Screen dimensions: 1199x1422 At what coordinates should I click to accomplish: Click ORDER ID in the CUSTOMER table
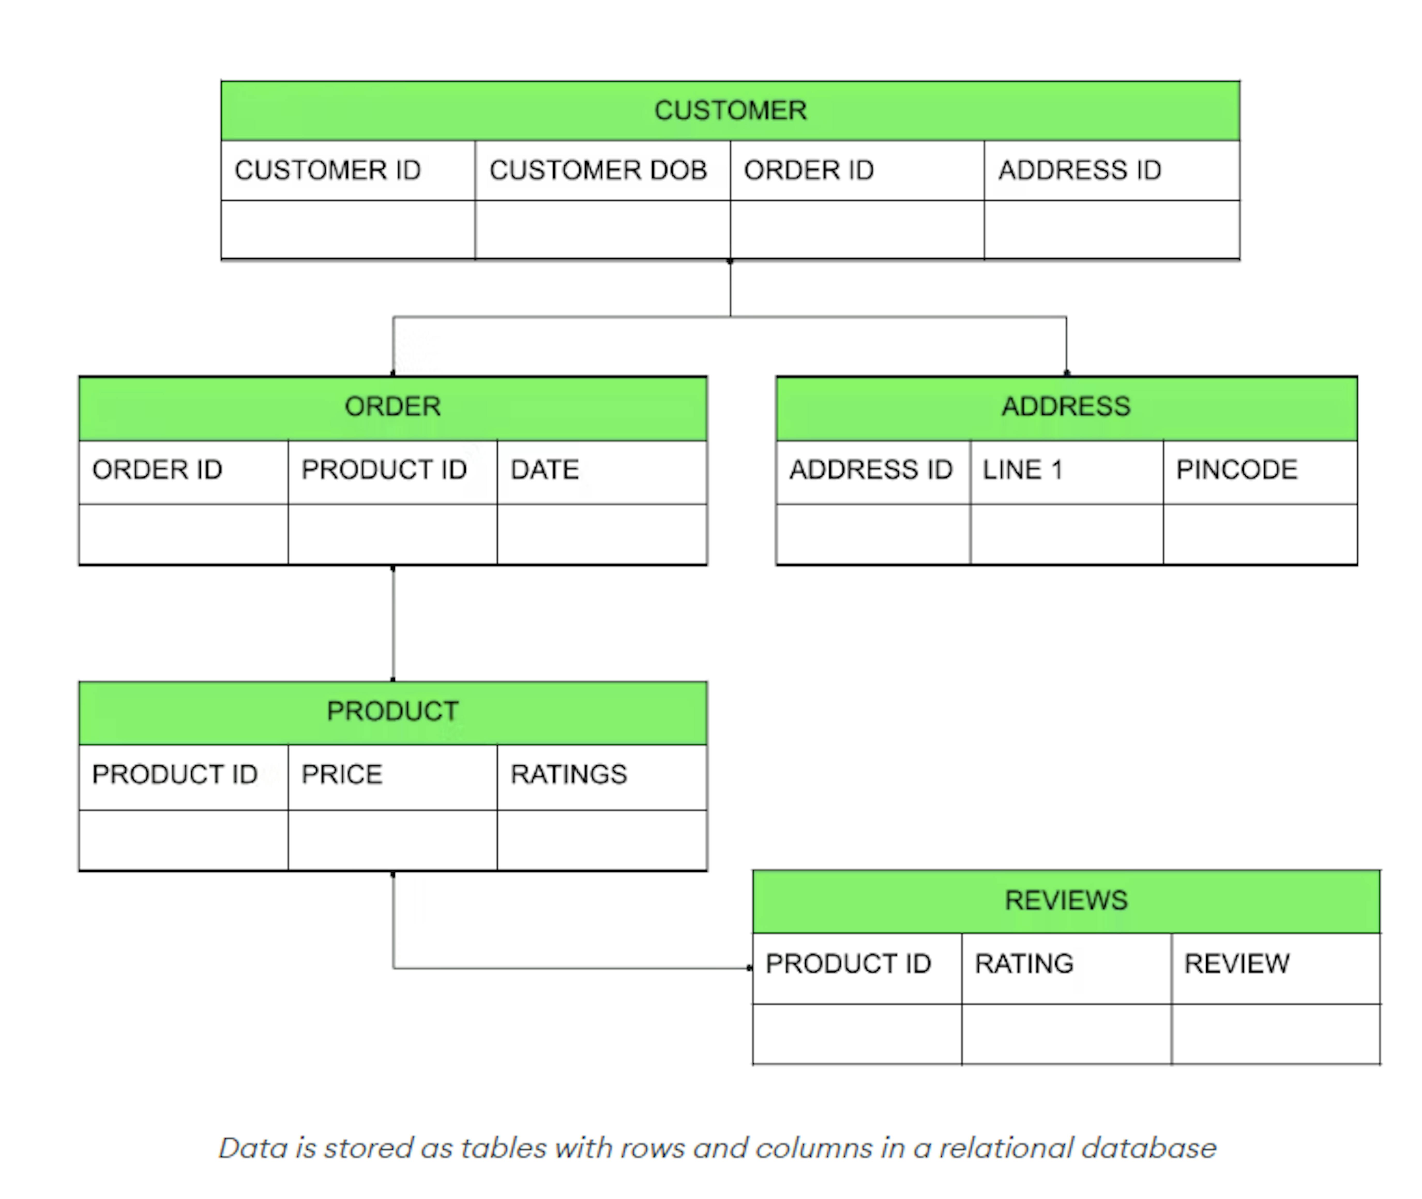pyautogui.click(x=808, y=170)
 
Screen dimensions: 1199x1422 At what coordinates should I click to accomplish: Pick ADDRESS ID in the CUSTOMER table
pyautogui.click(x=1079, y=170)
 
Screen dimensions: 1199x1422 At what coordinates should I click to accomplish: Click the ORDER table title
pyautogui.click(x=392, y=406)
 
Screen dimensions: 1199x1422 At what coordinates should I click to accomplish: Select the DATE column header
pyautogui.click(x=545, y=470)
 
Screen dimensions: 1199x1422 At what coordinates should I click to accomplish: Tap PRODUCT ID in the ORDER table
pyautogui.click(x=384, y=470)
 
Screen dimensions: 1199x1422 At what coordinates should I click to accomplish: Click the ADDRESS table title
pyautogui.click(x=1066, y=406)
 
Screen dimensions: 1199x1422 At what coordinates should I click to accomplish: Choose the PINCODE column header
pyautogui.click(x=1236, y=470)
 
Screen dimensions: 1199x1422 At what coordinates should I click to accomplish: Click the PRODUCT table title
pyautogui.click(x=392, y=711)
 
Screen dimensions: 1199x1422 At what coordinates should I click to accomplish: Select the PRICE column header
pyautogui.click(x=341, y=774)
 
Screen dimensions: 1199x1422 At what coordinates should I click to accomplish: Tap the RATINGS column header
pyautogui.click(x=569, y=774)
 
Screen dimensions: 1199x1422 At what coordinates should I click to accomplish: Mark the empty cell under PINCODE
pyautogui.click(x=1259, y=534)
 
